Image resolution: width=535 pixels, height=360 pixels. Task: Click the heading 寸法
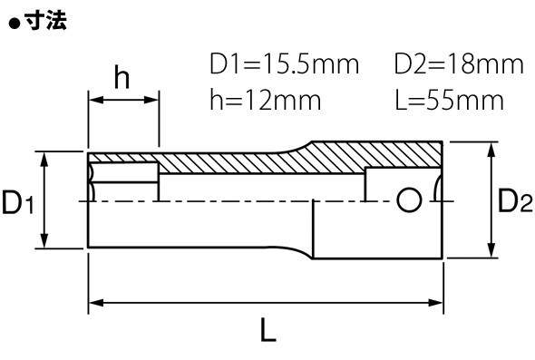45,22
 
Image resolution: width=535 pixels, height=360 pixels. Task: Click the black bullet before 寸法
15,24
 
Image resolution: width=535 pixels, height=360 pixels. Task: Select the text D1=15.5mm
284,63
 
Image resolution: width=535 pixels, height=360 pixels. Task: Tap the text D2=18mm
459,63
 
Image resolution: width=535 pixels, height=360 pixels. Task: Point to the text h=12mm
266,100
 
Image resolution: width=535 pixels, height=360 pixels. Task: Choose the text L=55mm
450,100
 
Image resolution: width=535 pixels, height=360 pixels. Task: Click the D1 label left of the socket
18,202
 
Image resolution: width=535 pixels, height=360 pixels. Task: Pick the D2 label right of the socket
515,200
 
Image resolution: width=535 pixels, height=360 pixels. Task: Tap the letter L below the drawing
268,330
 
